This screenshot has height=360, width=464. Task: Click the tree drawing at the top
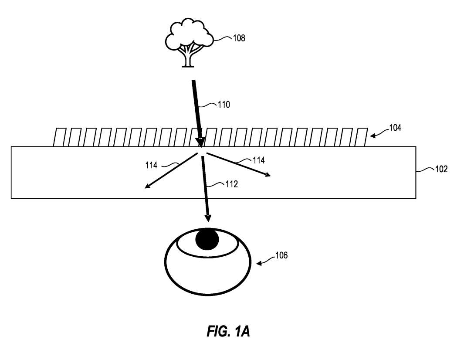pos(189,42)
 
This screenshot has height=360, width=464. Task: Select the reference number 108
pos(239,38)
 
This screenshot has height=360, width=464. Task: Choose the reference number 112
pos(231,184)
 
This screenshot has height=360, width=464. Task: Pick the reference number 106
pos(281,255)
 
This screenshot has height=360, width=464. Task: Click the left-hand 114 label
pos(152,165)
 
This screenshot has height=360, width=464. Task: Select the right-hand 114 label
pos(258,160)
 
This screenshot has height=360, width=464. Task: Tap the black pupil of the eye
pos(207,240)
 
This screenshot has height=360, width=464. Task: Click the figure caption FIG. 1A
pos(228,332)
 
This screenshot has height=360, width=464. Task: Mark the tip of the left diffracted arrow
pos(146,187)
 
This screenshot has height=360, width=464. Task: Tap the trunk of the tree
pos(188,58)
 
